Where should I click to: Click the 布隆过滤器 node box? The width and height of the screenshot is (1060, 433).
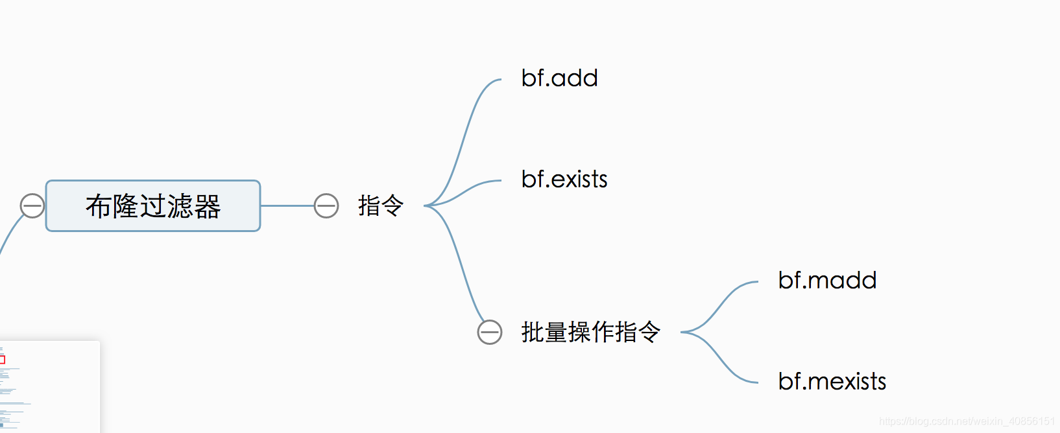153,205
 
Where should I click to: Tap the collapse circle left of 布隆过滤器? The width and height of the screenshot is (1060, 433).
32,206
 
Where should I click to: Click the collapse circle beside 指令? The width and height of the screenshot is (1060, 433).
326,206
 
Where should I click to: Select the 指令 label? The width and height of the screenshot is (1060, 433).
381,206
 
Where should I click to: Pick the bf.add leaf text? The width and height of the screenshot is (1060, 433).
559,78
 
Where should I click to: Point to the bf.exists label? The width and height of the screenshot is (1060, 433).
564,180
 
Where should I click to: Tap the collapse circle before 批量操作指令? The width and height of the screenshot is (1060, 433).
490,332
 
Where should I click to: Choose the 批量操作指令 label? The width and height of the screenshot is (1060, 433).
590,332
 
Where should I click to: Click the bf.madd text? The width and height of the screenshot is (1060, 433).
827,281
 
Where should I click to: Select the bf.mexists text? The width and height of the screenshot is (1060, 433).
832,382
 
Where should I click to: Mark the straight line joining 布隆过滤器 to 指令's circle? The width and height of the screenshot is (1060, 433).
287,206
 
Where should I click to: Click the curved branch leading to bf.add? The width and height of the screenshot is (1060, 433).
464,136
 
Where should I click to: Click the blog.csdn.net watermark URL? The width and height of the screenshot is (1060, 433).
967,421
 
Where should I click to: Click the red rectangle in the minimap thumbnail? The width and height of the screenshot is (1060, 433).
2,359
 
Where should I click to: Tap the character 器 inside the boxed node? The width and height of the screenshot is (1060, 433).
208,206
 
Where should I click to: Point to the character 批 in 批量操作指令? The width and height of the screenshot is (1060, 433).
533,332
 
